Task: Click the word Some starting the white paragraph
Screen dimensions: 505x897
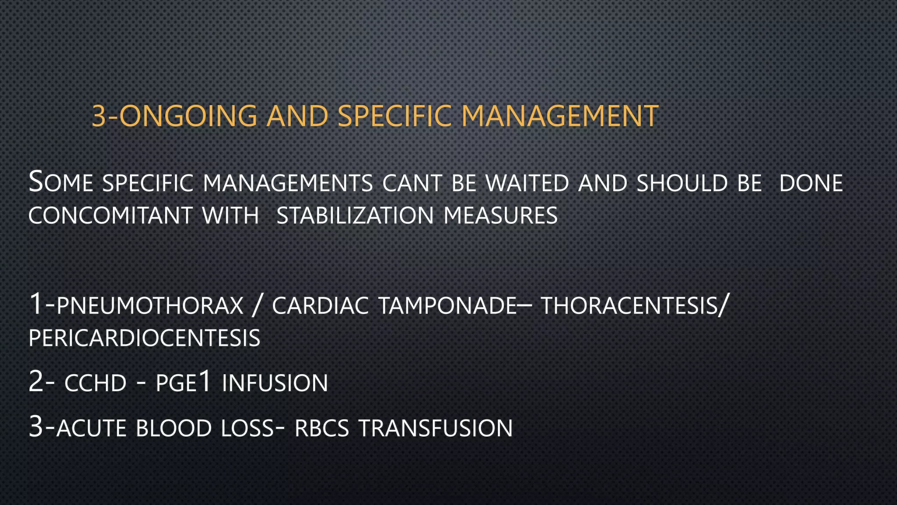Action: click(x=60, y=183)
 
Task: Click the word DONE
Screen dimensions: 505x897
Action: click(x=811, y=183)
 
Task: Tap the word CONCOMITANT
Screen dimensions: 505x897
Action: click(x=110, y=216)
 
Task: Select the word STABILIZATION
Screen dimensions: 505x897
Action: click(x=355, y=216)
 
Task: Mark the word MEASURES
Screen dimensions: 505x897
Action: click(x=501, y=216)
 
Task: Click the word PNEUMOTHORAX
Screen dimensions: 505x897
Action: click(x=150, y=306)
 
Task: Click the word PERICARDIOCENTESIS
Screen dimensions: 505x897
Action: click(x=145, y=338)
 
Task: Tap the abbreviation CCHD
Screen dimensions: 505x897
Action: click(x=95, y=383)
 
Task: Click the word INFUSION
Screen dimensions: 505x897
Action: click(x=275, y=383)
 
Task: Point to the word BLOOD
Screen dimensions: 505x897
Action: click(x=174, y=428)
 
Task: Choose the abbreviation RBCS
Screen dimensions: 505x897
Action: click(x=322, y=428)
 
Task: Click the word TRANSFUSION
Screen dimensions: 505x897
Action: click(x=435, y=428)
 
